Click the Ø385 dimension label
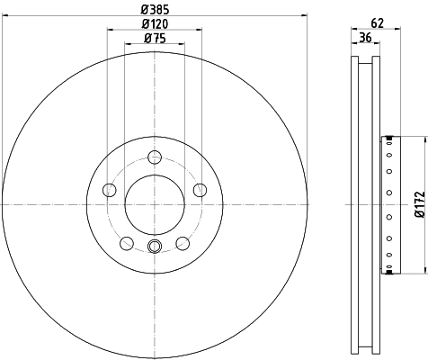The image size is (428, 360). click(155, 10)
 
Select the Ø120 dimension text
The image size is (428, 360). click(155, 24)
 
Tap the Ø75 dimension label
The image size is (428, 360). click(155, 38)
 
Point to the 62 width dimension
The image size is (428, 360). click(378, 22)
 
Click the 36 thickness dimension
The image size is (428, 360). click(365, 38)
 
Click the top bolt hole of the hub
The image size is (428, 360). click(155, 157)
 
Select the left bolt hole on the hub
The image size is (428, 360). click(110, 190)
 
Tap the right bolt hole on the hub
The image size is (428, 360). click(200, 190)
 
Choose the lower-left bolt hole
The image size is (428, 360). click(127, 243)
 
